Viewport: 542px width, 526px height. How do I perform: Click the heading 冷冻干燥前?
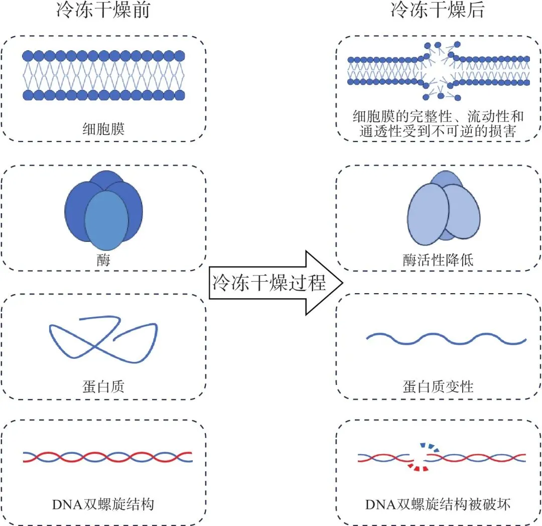103,10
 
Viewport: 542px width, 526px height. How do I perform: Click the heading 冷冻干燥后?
438,10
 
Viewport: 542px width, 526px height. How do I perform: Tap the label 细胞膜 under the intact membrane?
103,129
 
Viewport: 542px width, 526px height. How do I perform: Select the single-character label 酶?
103,260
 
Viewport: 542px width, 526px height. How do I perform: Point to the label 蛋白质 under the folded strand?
103,386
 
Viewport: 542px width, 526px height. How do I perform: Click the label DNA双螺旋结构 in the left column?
103,504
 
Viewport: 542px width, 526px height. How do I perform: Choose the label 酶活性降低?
438,260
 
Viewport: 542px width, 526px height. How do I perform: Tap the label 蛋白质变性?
438,386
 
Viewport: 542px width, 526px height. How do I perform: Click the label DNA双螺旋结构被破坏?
438,504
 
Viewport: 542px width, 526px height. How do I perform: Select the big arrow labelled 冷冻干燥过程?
276,283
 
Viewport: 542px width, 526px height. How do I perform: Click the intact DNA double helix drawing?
107,457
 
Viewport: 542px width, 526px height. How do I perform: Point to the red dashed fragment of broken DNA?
418,467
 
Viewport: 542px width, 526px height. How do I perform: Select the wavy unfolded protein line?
446,339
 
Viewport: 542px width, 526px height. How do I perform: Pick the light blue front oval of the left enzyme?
106,220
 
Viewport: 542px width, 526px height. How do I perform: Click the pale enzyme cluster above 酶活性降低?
444,208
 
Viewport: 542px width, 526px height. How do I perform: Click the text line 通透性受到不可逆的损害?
438,131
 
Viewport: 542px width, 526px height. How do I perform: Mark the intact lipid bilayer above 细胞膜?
104,75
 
